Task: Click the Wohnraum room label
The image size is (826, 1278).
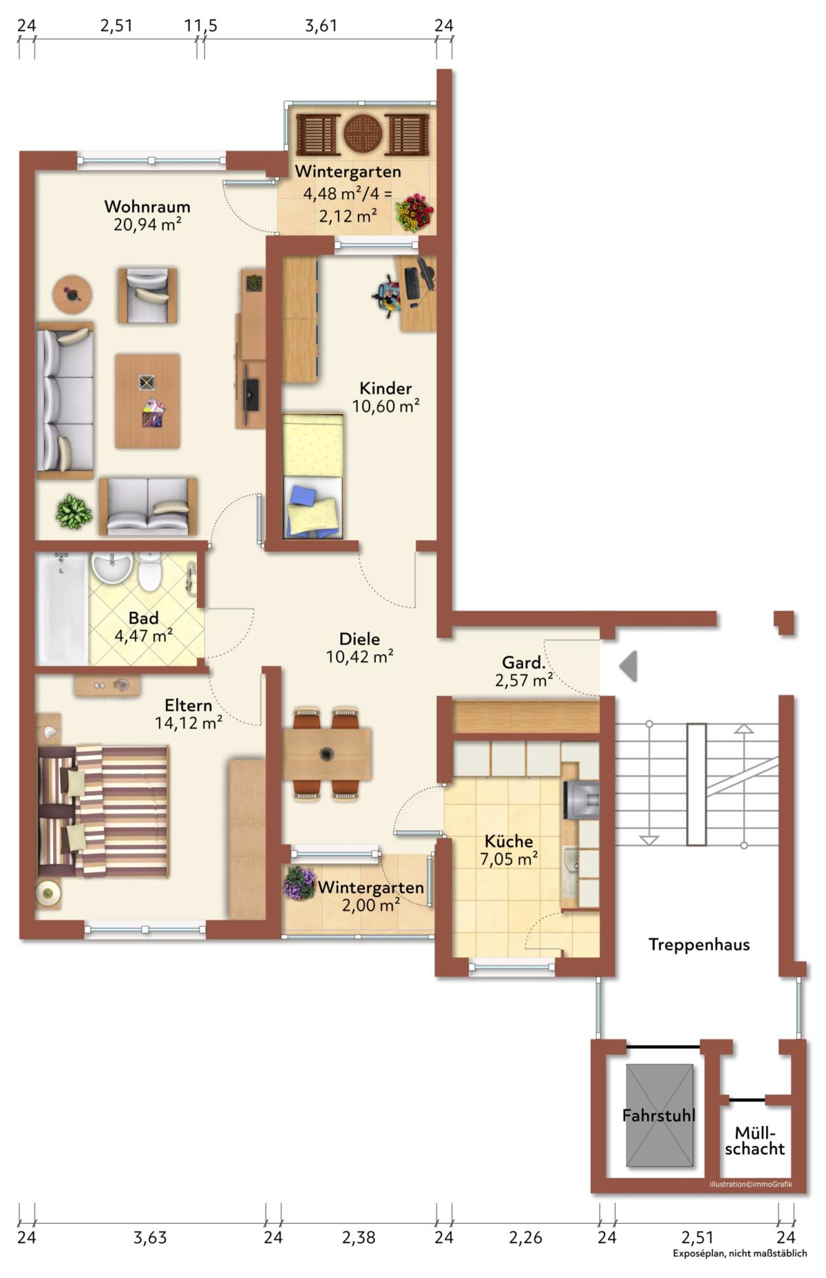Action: [147, 206]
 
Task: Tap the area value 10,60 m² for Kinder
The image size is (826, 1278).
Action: [386, 407]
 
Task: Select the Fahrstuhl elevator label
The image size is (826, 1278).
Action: [659, 1115]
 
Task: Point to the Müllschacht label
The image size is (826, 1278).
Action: [755, 1140]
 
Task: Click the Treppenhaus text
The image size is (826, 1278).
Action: [699, 945]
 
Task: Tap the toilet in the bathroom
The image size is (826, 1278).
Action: [149, 572]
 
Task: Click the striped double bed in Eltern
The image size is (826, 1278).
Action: [103, 812]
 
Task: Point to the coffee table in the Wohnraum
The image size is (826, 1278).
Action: [147, 401]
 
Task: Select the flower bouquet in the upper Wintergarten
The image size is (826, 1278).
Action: [414, 213]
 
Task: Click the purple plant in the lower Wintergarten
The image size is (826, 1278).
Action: [300, 882]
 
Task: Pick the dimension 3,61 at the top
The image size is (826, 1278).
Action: [321, 26]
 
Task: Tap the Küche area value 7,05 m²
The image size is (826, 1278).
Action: [509, 858]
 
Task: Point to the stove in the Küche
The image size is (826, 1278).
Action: [582, 800]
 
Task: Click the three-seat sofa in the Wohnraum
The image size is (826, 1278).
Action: [65, 400]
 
